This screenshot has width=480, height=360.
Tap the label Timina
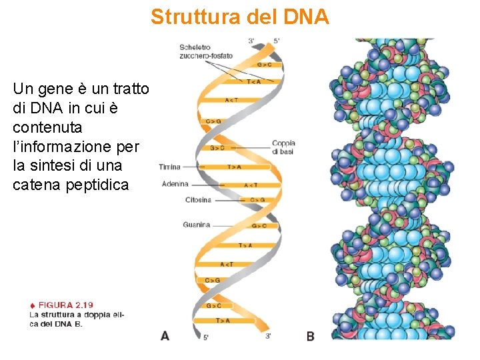[170, 167]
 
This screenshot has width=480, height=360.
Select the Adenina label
[175, 184]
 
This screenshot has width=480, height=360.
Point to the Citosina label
[198, 200]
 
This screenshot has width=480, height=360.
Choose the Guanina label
[196, 225]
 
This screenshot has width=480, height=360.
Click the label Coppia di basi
[283, 147]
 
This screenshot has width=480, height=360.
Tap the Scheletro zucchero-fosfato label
[205, 51]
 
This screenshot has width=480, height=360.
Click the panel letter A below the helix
[165, 335]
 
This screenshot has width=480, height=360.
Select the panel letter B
[310, 336]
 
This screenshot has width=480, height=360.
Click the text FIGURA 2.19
[65, 305]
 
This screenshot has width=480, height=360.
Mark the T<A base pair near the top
[254, 82]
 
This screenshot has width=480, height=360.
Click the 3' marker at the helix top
[251, 41]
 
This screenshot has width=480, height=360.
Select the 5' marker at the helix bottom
[206, 337]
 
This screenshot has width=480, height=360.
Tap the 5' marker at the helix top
[277, 41]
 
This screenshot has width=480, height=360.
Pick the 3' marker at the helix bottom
[267, 336]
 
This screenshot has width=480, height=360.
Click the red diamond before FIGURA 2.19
[32, 305]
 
